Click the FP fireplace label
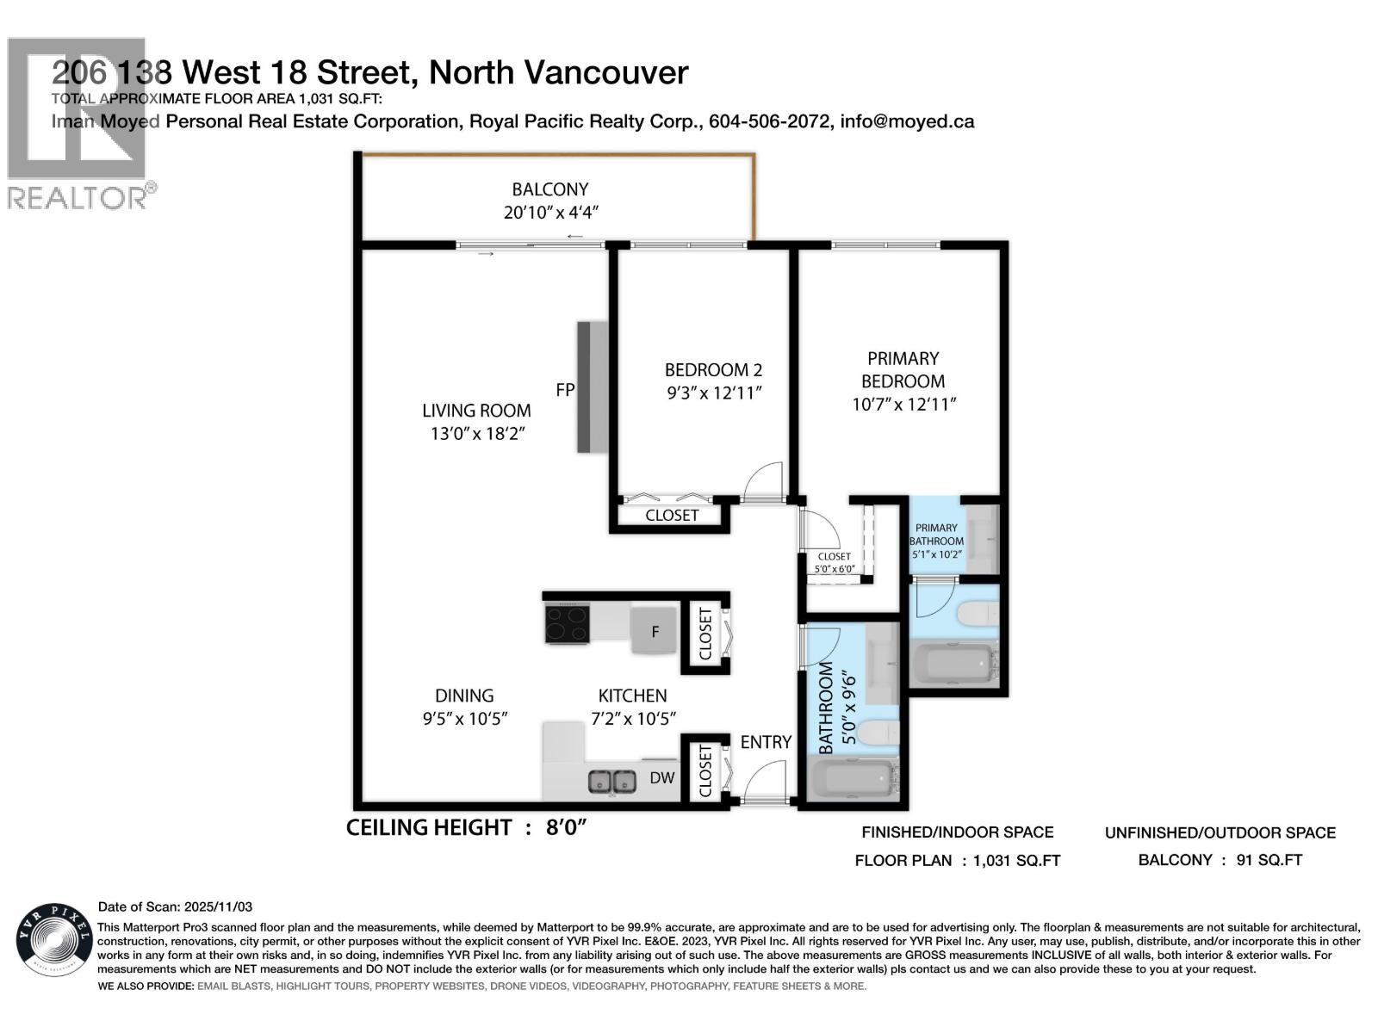pos(565,390)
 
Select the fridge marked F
pos(655,632)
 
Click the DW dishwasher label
pos(661,778)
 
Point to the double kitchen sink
pos(612,782)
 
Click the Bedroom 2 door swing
pos(764,482)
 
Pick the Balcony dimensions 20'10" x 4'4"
pos(550,212)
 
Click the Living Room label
pos(476,411)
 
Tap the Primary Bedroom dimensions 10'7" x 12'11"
pos(903,405)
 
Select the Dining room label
pos(464,696)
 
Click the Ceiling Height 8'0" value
pos(566,828)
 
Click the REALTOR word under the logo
pos(78,198)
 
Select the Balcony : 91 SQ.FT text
pos(1220,860)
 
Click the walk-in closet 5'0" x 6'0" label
pos(834,562)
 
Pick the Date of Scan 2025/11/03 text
pos(175,906)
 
